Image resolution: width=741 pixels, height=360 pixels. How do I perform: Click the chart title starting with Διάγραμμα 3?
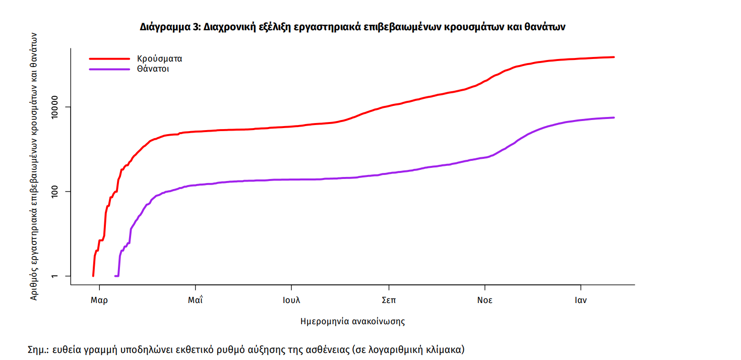pyautogui.click(x=352, y=27)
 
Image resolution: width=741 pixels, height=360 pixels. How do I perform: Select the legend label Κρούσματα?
pyautogui.click(x=159, y=58)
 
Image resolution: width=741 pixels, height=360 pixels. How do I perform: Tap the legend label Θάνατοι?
pyautogui.click(x=153, y=69)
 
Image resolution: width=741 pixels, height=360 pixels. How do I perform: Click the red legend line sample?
pyautogui.click(x=109, y=58)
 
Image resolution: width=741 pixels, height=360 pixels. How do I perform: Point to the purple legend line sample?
pyautogui.click(x=109, y=69)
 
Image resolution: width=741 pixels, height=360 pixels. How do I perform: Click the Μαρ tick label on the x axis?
pyautogui.click(x=99, y=300)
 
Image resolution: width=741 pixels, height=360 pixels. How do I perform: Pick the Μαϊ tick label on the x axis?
pyautogui.click(x=195, y=300)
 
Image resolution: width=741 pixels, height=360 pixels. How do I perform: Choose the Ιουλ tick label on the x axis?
pyautogui.click(x=291, y=300)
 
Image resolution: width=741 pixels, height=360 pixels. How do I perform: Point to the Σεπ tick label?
pyautogui.click(x=388, y=300)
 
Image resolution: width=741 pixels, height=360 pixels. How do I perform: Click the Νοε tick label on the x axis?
pyautogui.click(x=485, y=300)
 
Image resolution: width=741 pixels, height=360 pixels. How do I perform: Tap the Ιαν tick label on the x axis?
pyautogui.click(x=581, y=300)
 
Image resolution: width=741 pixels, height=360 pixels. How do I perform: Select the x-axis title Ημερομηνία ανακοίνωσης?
pyautogui.click(x=352, y=321)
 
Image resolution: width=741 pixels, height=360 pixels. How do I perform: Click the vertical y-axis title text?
pyautogui.click(x=34, y=166)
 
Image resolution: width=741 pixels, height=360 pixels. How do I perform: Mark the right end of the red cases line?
pyautogui.click(x=614, y=57)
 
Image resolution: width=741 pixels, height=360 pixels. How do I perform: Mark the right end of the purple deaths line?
pyautogui.click(x=614, y=117)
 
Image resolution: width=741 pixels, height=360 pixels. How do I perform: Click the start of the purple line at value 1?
pyautogui.click(x=116, y=276)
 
